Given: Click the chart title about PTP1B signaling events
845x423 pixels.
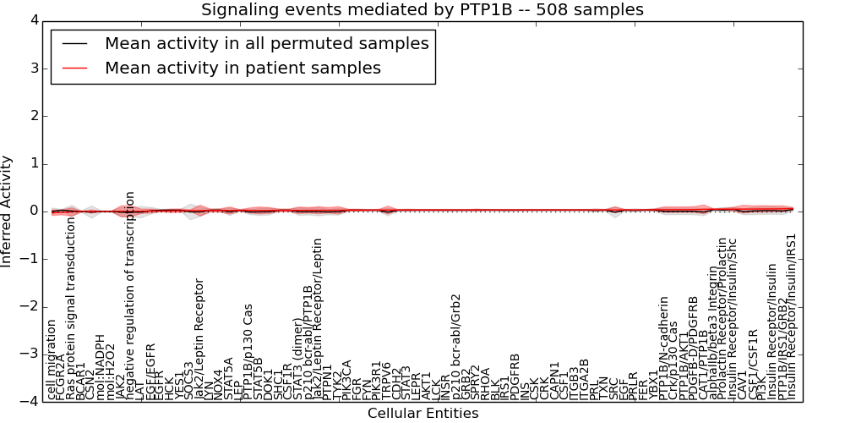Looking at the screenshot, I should pyautogui.click(x=422, y=10).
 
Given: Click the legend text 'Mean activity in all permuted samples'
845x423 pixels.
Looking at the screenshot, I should pyautogui.click(x=266, y=43).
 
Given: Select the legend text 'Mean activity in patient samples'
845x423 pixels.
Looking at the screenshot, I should pyautogui.click(x=243, y=68).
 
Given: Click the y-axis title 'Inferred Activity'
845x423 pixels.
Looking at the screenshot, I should pyautogui.click(x=8, y=211).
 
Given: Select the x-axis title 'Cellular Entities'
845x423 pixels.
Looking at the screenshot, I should pyautogui.click(x=422, y=413).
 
